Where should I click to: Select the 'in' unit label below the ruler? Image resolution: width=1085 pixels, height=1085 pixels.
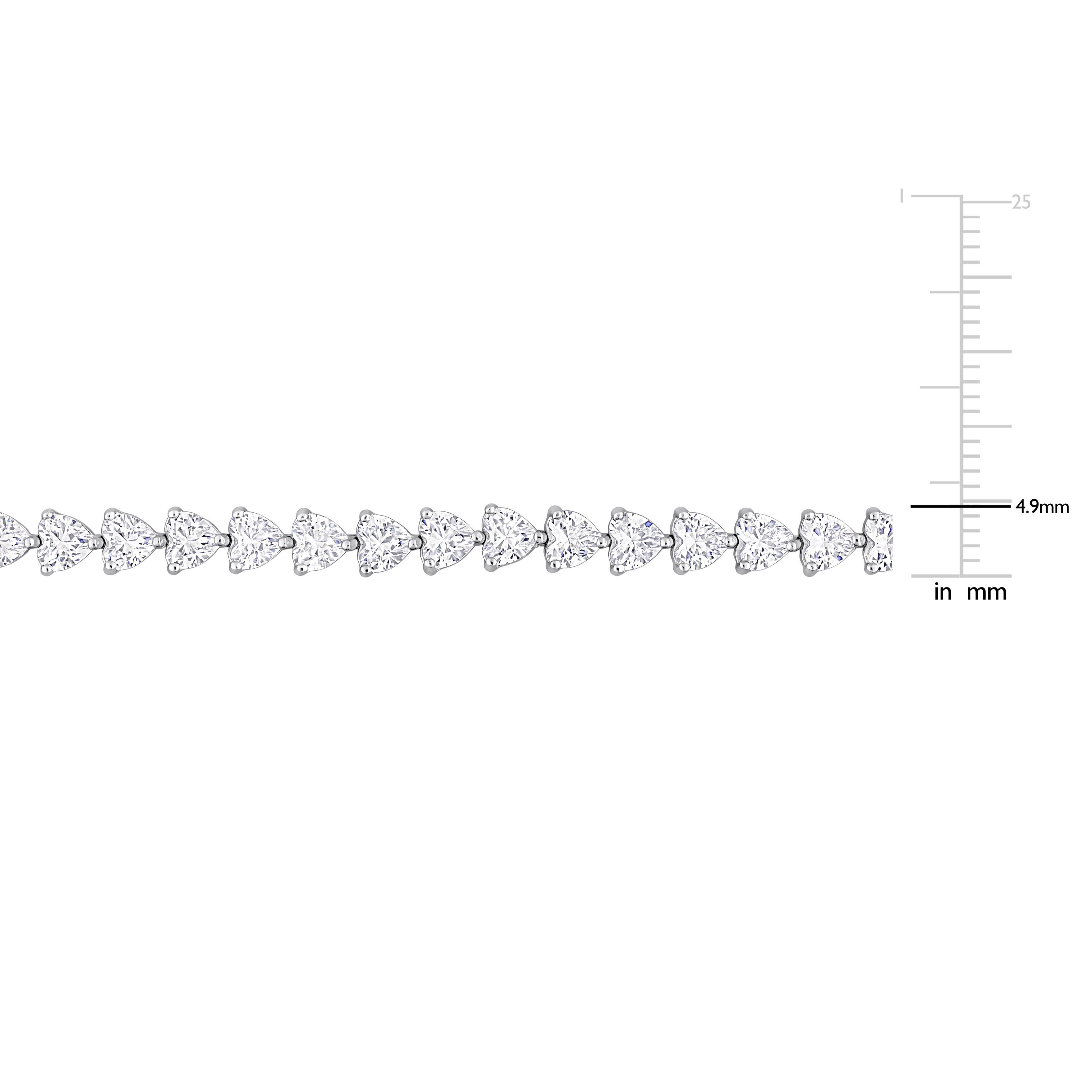click(x=943, y=592)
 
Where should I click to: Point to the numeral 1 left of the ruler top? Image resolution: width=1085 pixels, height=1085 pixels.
click(x=902, y=195)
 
